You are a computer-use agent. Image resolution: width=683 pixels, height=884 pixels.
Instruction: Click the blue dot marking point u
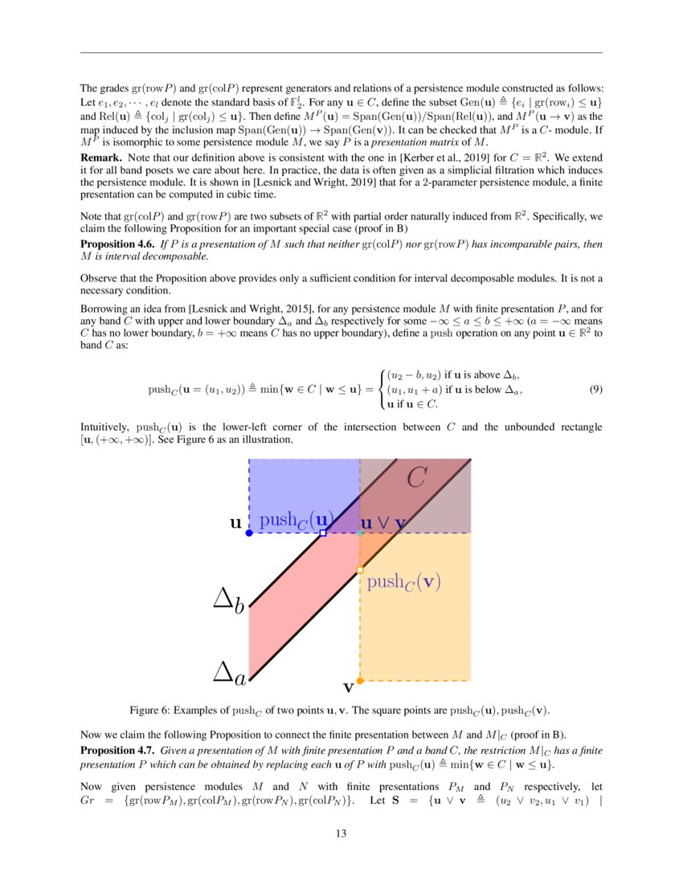click(x=249, y=533)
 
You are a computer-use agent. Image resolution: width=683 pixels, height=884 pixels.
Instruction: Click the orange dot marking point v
click(x=360, y=681)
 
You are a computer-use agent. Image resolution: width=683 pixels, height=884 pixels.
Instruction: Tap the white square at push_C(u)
click(x=323, y=533)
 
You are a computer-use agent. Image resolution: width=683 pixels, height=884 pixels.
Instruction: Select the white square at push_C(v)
click(x=360, y=570)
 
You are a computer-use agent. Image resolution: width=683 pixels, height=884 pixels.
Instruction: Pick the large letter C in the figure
click(x=415, y=479)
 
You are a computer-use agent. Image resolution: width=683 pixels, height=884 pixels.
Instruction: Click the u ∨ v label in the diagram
click(x=382, y=523)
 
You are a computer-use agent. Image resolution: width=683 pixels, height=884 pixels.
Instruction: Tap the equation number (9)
click(x=595, y=389)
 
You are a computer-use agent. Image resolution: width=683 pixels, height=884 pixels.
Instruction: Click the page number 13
click(x=341, y=833)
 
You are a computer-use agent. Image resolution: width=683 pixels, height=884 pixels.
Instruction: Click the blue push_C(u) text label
click(x=296, y=520)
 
